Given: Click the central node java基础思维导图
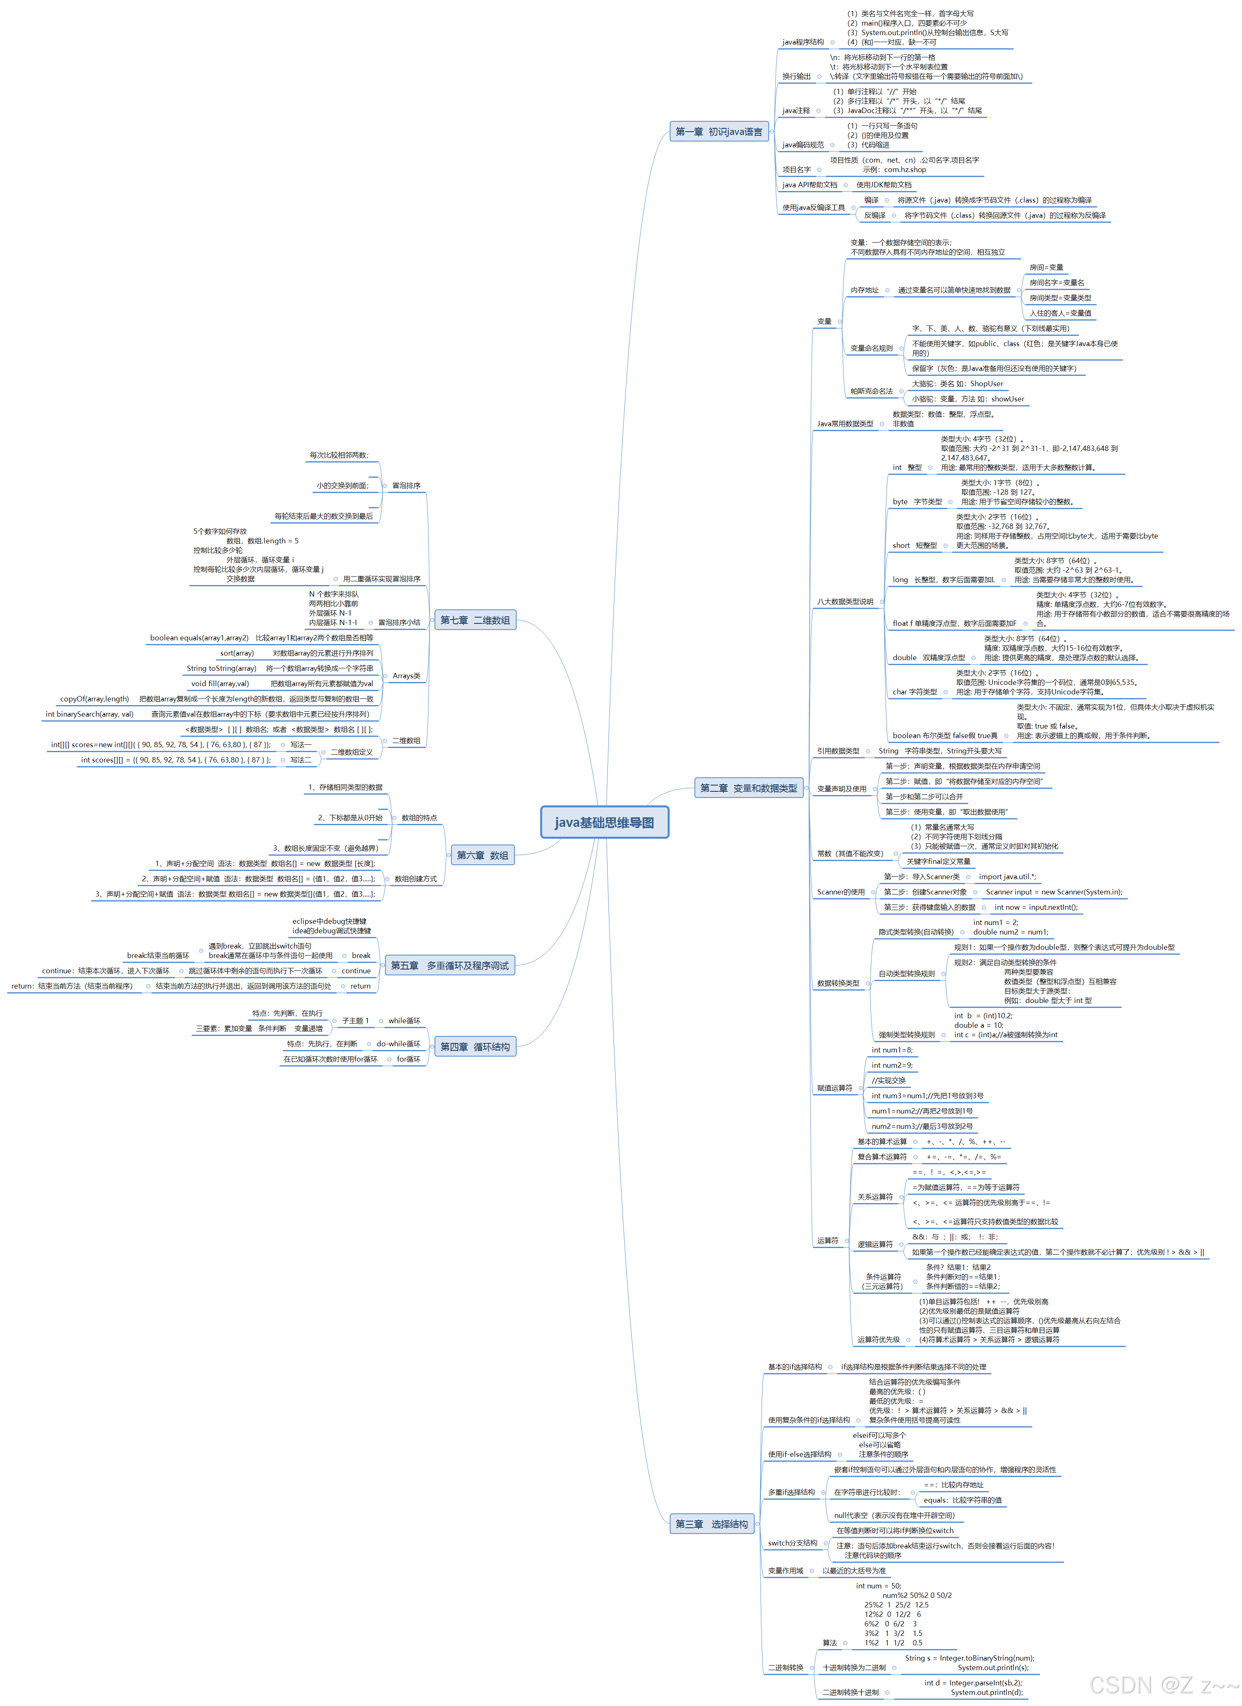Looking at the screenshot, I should tap(604, 822).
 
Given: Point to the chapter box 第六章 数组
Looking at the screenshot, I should tap(482, 855).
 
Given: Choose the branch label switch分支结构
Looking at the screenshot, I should tap(792, 1543).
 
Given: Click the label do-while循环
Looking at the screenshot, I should tap(399, 1044).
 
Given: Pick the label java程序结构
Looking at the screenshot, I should tap(803, 42).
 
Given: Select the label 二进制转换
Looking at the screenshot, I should tap(785, 1668).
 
